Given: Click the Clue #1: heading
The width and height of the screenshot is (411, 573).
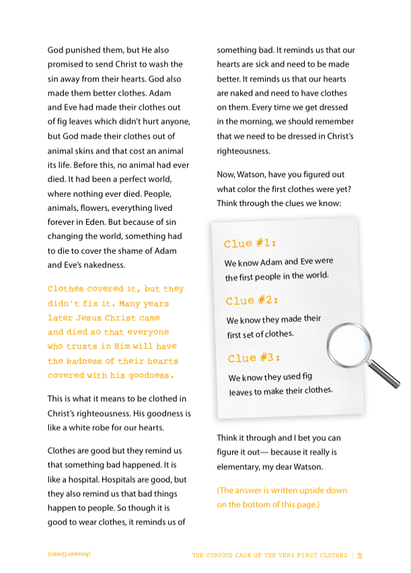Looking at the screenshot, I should [250, 243].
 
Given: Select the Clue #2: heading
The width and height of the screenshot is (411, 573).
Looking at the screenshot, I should [252, 300].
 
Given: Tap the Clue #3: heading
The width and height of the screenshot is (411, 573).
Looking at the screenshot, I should [254, 358].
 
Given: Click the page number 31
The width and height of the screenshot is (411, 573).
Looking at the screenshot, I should [360, 555].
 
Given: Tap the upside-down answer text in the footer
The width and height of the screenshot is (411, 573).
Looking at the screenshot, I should [69, 555].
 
